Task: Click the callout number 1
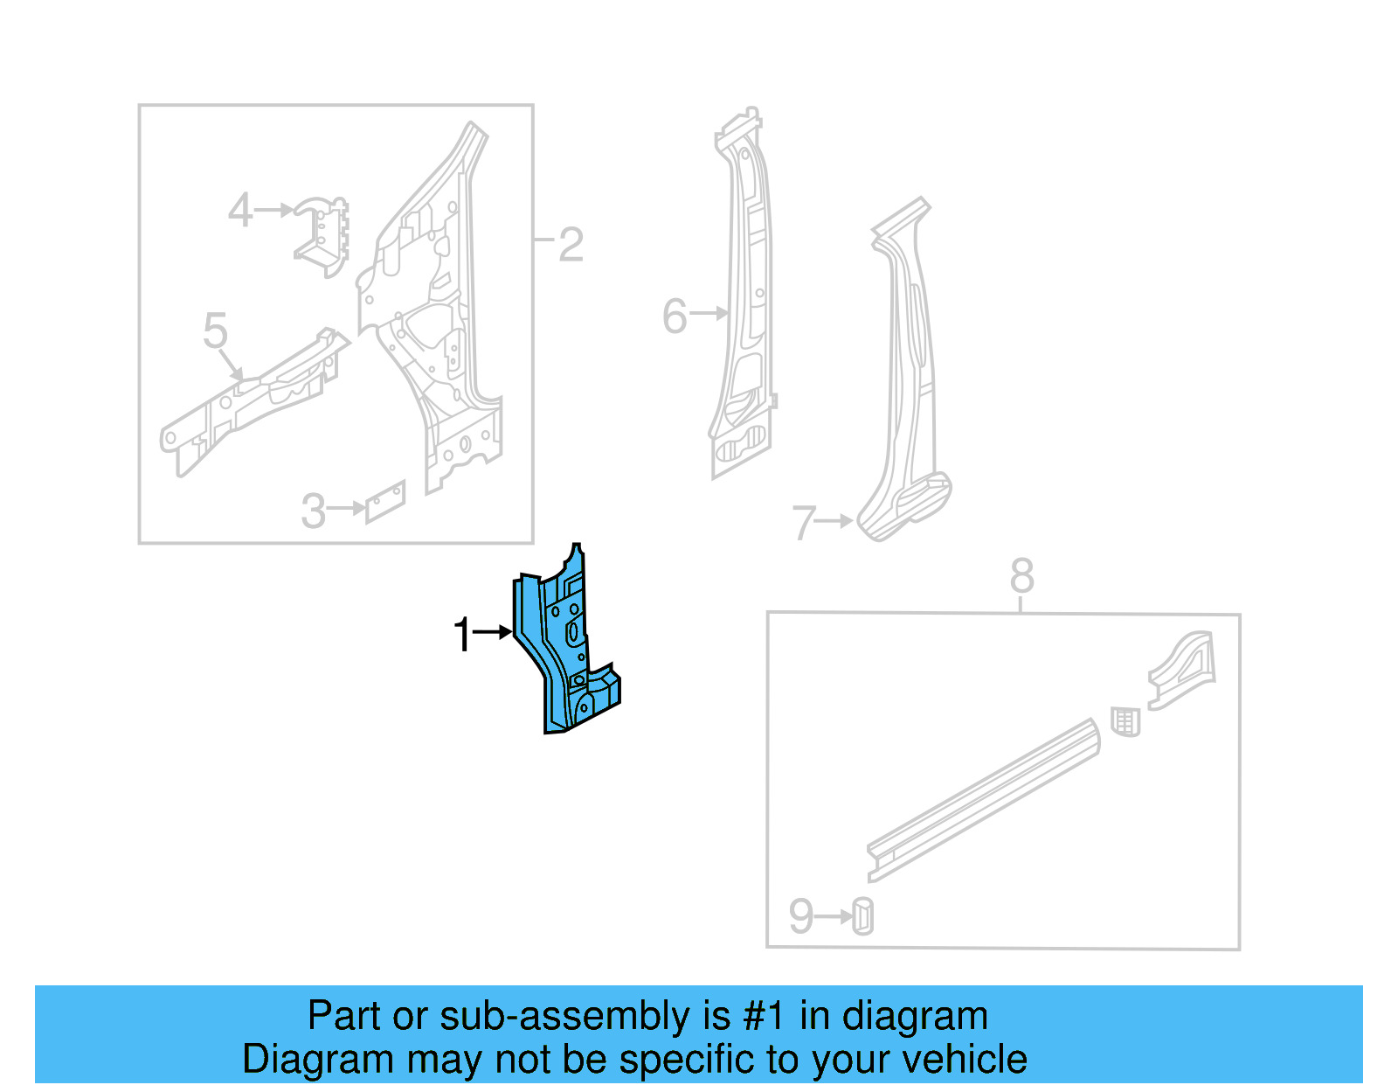point(462,635)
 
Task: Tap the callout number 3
point(313,511)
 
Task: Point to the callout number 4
point(240,211)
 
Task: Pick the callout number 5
point(215,331)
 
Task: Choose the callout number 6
point(675,316)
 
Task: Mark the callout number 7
point(803,523)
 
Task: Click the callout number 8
point(1021,576)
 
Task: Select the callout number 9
point(800,916)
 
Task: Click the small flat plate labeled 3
point(385,502)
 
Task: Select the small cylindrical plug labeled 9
point(862,916)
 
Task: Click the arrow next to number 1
point(493,631)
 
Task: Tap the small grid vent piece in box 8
point(1125,722)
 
